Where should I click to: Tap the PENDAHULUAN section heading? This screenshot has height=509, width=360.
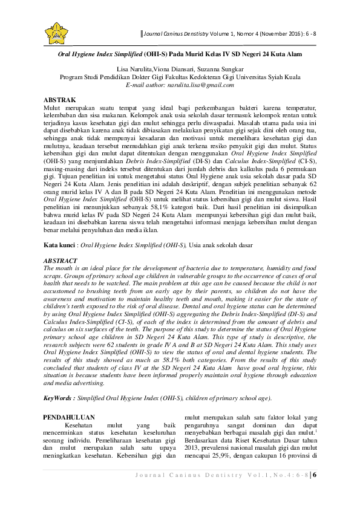point(71,417)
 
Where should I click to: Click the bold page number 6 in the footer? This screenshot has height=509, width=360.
point(315,491)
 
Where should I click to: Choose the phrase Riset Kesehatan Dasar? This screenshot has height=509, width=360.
point(261,451)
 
